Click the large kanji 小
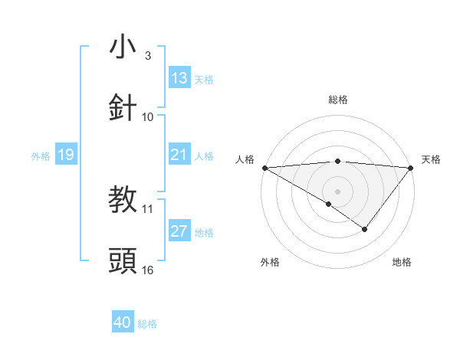(123, 47)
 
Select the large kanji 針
(123, 108)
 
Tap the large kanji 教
(123, 200)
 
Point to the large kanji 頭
(123, 261)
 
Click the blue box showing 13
(179, 78)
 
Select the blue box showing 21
(179, 155)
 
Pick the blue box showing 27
(179, 232)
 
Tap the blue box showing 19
(65, 155)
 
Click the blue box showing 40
(123, 323)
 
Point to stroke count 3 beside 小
(148, 55)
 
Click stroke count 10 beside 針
(148, 116)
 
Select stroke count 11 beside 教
(148, 208)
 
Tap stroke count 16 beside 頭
(148, 270)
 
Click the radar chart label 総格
(337, 100)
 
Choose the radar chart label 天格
(431, 159)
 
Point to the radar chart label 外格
(270, 262)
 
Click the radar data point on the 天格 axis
(412, 167)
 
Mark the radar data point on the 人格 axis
(264, 167)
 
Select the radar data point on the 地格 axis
(365, 229)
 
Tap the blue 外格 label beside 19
(41, 156)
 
